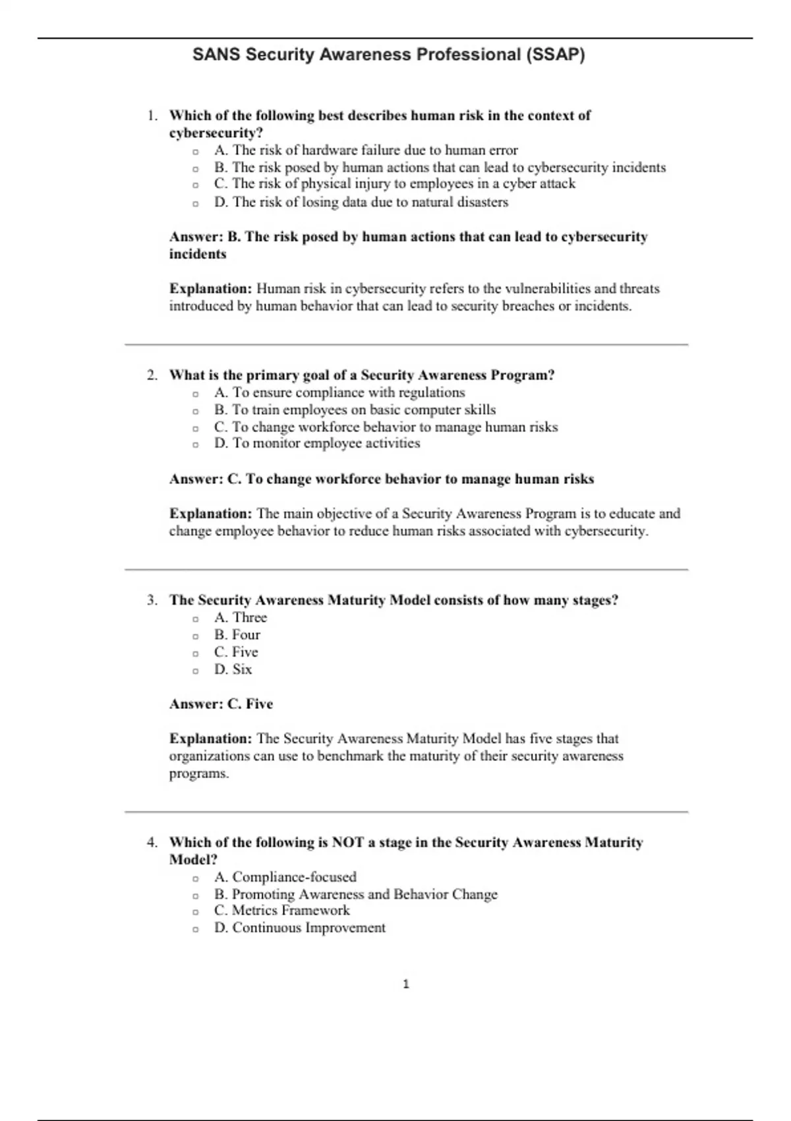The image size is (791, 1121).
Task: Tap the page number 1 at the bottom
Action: (x=406, y=984)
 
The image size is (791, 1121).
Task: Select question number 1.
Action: (x=152, y=115)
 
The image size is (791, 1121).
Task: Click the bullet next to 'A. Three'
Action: (x=196, y=619)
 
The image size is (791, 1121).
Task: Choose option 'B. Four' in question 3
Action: (x=237, y=634)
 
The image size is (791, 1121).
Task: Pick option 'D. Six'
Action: (x=233, y=669)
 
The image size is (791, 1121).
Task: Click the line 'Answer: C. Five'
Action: (x=221, y=704)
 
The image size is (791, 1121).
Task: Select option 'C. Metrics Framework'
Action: (x=281, y=910)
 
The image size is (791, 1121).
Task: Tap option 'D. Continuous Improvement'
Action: (x=299, y=927)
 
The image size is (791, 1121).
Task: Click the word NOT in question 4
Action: (x=348, y=842)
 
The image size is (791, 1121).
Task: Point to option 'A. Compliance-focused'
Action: (x=285, y=876)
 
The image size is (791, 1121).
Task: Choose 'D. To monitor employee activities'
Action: (x=316, y=443)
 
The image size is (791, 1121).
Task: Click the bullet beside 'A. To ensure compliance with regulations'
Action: (x=196, y=394)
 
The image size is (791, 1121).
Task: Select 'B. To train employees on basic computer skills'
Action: (x=354, y=409)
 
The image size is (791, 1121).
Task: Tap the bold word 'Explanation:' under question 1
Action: (x=210, y=288)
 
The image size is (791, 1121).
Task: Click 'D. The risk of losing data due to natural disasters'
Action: (x=361, y=202)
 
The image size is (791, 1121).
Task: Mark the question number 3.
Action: (x=152, y=600)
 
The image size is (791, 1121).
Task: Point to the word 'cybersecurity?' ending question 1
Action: (x=216, y=133)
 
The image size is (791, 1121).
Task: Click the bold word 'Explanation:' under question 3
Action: (x=210, y=739)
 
